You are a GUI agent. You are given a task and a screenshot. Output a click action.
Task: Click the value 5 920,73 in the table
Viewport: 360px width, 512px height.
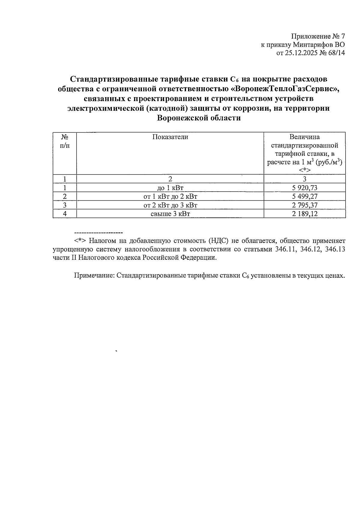click(304, 188)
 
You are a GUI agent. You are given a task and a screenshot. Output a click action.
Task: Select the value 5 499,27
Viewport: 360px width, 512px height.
click(304, 197)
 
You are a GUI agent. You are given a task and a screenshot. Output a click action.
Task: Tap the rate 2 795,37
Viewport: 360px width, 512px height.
click(304, 205)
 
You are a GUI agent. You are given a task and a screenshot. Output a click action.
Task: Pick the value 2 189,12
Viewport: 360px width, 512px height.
click(304, 214)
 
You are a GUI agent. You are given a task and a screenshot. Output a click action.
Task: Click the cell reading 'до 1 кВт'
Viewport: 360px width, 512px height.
click(170, 188)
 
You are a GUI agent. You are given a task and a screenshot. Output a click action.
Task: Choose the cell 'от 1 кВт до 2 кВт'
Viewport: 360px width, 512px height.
click(170, 197)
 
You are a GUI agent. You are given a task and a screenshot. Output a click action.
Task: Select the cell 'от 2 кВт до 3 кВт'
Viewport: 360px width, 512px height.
click(170, 205)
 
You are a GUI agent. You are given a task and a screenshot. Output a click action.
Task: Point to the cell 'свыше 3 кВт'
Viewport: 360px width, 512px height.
click(170, 214)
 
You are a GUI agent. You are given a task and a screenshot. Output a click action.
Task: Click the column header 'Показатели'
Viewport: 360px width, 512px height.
click(170, 137)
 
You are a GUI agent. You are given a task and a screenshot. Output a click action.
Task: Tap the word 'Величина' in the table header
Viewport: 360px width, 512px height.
click(304, 137)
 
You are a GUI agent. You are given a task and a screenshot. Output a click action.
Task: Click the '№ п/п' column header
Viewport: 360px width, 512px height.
click(64, 141)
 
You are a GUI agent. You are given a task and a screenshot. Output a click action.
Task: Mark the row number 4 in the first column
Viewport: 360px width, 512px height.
click(64, 214)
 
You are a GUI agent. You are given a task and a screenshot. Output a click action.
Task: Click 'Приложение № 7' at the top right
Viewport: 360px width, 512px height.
click(318, 37)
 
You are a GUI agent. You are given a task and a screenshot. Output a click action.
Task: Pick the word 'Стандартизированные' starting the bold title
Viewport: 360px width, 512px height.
click(111, 79)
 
